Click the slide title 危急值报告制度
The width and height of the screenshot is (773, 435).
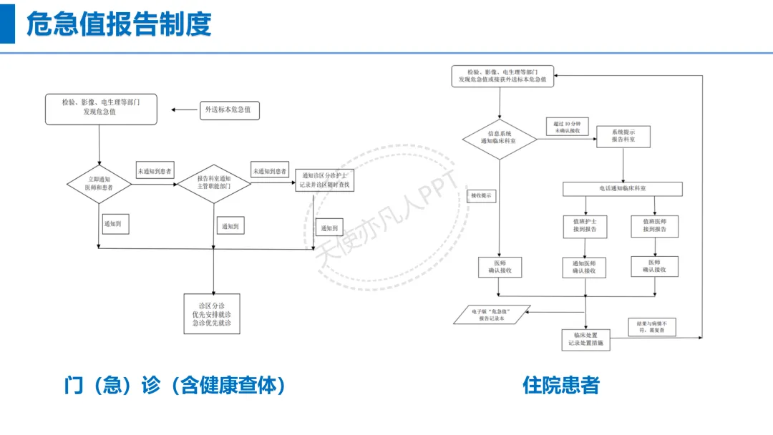coord(119,24)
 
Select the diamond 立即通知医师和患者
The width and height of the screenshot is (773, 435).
coord(100,182)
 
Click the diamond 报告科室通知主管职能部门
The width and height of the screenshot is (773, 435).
coord(215,182)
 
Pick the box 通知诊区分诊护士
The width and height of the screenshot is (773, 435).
coord(325,180)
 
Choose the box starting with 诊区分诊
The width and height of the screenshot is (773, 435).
coord(212,313)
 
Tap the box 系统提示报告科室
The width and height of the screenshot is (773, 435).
coord(623,136)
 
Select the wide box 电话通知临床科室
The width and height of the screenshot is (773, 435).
coord(623,189)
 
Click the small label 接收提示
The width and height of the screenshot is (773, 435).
coord(481,195)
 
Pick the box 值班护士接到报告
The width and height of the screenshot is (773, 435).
coord(585,226)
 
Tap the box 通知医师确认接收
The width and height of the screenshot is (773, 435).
coord(585,268)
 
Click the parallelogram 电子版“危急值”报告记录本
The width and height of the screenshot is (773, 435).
coord(492,314)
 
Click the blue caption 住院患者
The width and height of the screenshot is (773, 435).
coord(560,386)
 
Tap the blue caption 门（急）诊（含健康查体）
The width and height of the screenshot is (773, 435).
coord(175,386)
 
